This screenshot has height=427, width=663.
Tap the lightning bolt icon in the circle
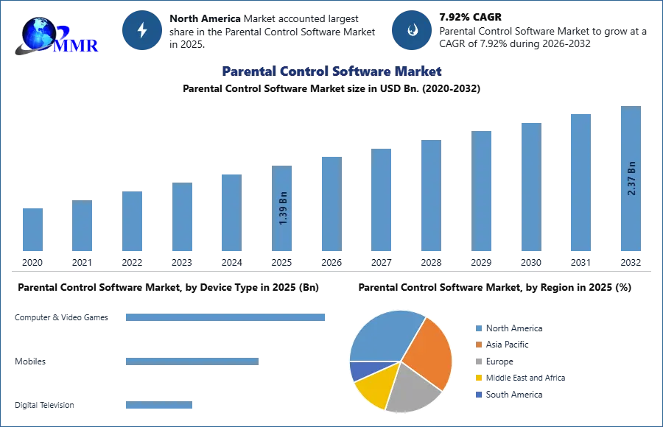142,30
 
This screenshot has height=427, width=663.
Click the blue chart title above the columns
331,71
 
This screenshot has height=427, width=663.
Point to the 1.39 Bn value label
283,208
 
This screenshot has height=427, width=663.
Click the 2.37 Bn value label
631,178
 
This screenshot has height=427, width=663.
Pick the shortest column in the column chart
32,230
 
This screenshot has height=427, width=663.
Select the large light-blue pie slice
383,335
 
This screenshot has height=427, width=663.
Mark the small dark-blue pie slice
360,370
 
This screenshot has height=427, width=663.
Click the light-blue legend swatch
479,329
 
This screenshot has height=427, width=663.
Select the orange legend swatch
479,345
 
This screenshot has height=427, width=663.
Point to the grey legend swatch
479,361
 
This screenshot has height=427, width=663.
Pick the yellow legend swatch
479,377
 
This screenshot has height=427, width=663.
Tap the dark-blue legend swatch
479,394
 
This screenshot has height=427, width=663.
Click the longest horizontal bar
226,318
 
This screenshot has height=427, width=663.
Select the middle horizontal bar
192,360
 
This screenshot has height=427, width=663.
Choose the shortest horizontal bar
159,406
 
